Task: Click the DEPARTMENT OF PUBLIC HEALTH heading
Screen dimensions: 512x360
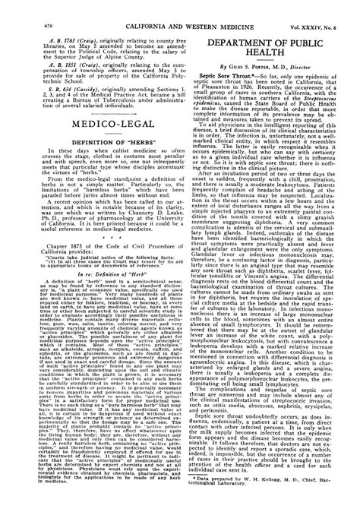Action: pyautogui.click(x=274, y=33)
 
